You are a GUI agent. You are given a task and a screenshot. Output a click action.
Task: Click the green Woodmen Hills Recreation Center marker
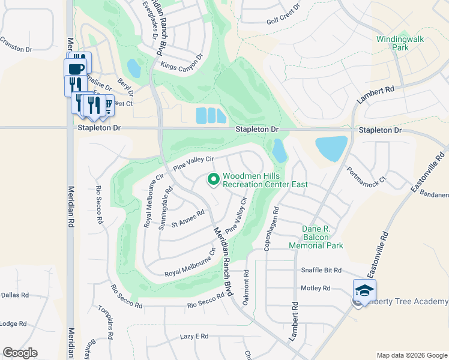pos(212,179)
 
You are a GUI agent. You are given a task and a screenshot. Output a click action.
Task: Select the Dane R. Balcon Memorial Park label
pos(316,237)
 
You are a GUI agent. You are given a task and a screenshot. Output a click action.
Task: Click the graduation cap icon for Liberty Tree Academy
pos(364,290)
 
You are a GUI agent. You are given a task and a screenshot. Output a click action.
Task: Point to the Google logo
pos(20,353)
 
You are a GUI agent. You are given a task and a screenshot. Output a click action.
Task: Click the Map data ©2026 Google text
pos(412,355)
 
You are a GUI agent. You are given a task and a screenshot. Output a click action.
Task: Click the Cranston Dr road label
pos(16,45)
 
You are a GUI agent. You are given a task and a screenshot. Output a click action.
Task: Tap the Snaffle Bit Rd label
pos(321,271)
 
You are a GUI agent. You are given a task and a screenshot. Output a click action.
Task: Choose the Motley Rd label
pos(316,288)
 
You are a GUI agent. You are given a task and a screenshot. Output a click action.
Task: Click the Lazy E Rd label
pos(194,337)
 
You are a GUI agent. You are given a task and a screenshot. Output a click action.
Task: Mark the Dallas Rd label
pos(15,295)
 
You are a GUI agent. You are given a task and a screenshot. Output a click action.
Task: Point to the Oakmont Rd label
pos(246,287)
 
